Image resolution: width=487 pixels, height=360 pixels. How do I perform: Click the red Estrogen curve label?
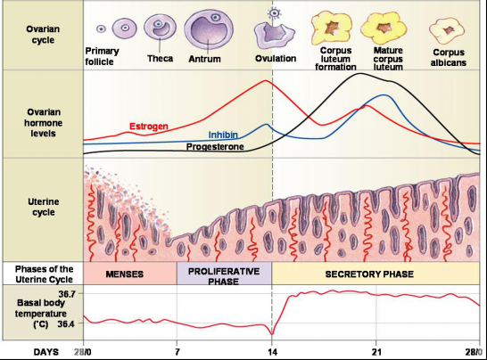(x=148, y=127)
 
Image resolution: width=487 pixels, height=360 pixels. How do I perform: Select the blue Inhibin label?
(x=223, y=135)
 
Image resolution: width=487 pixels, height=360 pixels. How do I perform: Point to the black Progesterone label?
(x=215, y=146)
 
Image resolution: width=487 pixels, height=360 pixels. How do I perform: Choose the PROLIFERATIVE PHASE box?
(x=224, y=274)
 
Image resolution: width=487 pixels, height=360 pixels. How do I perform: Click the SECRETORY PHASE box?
(x=376, y=274)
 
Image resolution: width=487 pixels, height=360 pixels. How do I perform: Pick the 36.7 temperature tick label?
(x=67, y=293)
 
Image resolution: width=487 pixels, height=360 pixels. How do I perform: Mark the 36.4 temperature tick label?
(x=66, y=324)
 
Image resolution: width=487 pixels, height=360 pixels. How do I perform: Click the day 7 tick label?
(x=177, y=352)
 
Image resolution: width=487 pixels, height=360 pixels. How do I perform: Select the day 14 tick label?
(x=272, y=352)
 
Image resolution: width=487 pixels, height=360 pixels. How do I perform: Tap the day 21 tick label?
(x=376, y=352)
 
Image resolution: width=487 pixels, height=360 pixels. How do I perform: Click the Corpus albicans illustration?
(x=447, y=30)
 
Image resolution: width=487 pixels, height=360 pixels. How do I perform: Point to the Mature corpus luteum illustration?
(x=384, y=28)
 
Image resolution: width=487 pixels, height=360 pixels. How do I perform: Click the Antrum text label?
(x=204, y=59)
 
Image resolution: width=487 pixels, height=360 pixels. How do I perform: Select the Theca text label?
(x=160, y=58)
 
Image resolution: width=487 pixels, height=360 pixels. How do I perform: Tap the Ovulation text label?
(x=276, y=58)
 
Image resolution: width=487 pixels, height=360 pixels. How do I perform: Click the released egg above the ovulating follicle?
(x=274, y=12)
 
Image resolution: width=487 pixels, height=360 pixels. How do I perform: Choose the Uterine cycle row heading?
(x=44, y=207)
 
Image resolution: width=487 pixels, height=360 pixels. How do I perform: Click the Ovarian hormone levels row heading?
(x=43, y=123)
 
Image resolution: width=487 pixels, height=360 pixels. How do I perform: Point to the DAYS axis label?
(x=46, y=352)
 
